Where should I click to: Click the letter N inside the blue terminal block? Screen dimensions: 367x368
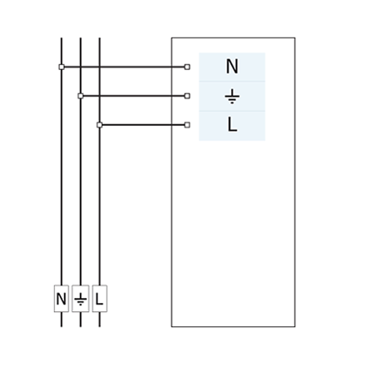(x=232, y=67)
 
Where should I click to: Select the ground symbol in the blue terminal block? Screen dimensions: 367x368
(x=232, y=98)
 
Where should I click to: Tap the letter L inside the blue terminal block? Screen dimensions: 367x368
(x=232, y=124)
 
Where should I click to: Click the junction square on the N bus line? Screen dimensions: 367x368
(x=62, y=67)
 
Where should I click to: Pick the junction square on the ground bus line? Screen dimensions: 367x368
(x=81, y=96)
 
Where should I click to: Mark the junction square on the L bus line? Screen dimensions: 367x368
(x=99, y=125)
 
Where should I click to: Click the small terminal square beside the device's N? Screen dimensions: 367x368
(x=187, y=67)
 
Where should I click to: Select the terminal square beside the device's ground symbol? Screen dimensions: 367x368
(x=187, y=96)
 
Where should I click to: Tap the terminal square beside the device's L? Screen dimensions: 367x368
(x=187, y=125)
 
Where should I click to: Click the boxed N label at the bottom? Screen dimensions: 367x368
(x=62, y=299)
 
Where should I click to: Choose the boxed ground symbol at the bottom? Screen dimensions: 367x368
(x=81, y=299)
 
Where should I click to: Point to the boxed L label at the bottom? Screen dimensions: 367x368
(x=99, y=299)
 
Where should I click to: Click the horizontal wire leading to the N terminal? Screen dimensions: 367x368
(x=124, y=67)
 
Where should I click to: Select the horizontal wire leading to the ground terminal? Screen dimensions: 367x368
(x=133, y=96)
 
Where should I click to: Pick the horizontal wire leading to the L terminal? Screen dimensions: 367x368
(x=143, y=125)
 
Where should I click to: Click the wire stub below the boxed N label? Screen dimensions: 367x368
(x=62, y=320)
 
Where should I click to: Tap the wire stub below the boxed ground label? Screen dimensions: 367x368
(x=81, y=320)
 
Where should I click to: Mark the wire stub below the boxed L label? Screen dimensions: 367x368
(x=99, y=320)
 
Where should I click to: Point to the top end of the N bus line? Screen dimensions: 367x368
(x=62, y=38)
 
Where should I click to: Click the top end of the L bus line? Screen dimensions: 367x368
(x=99, y=38)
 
